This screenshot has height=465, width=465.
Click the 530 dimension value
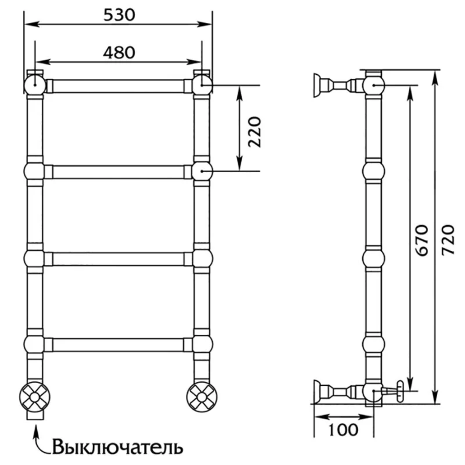[x=119, y=15]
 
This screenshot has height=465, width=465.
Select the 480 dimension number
[x=119, y=52]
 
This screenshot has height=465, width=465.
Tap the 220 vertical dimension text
[x=255, y=132]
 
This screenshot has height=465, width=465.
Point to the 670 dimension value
[x=422, y=240]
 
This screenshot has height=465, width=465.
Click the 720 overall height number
[x=448, y=240]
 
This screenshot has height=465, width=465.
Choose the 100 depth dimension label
[x=344, y=429]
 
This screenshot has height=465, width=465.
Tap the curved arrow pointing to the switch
[x=40, y=439]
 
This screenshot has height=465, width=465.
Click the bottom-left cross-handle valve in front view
[x=35, y=397]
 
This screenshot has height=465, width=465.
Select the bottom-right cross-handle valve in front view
[x=202, y=397]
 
